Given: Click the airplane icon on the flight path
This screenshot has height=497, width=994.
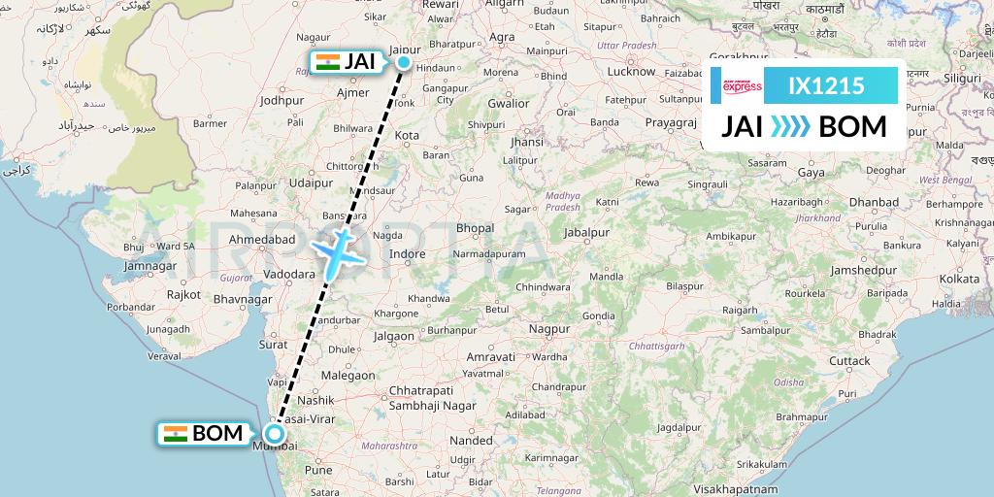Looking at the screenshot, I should coord(336,249).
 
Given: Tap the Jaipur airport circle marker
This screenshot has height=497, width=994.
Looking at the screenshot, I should coord(404,63).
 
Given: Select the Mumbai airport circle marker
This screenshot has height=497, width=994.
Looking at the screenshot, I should coord(276,434).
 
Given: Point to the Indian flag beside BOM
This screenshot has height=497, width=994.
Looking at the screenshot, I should coord(176,433).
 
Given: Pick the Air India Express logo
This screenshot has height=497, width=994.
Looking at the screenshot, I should coord(743,85).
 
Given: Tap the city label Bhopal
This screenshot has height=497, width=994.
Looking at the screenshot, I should coord(475,227).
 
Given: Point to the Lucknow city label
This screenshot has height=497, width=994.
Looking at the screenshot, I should coord(631,71).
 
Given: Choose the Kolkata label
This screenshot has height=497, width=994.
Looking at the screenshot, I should coord(959,279).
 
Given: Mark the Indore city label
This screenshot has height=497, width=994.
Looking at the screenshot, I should coord(407,254).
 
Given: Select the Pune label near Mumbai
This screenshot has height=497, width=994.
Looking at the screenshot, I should coord(318,470).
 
